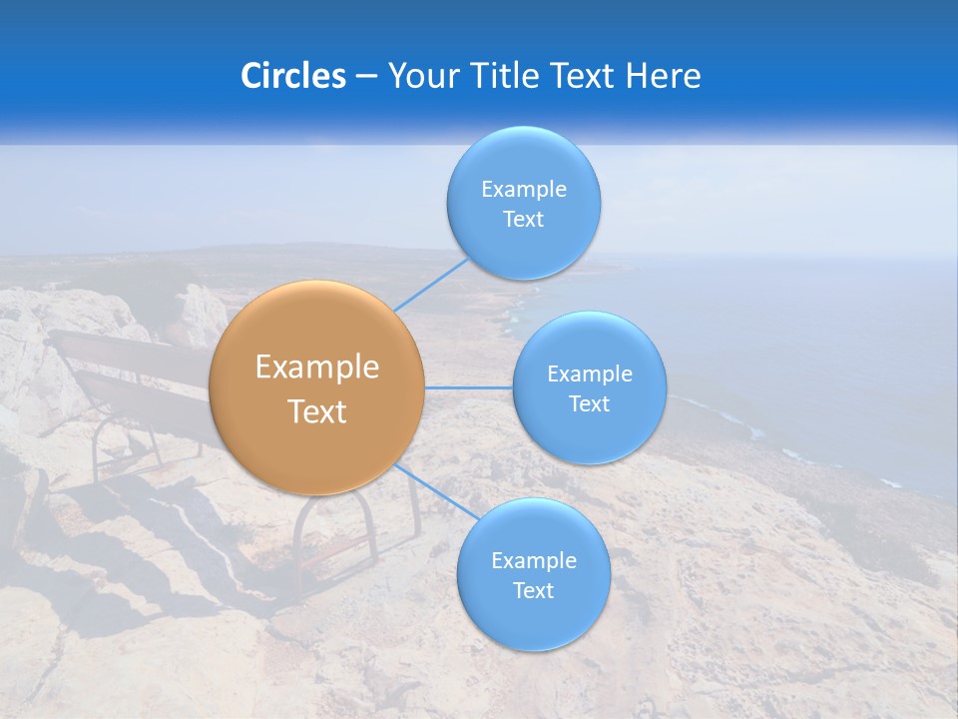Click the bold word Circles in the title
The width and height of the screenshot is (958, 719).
click(x=292, y=76)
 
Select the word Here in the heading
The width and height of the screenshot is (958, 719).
click(x=663, y=76)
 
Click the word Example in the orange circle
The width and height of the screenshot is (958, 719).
click(x=317, y=367)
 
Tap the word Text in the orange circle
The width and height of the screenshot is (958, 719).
click(x=317, y=411)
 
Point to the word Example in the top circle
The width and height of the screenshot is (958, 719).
click(x=524, y=190)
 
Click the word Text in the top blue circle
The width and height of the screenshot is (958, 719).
click(x=523, y=220)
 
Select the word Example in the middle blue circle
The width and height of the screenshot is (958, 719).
click(x=590, y=374)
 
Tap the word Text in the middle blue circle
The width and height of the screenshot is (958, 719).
click(x=589, y=404)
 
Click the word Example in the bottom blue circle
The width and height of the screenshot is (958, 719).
click(x=534, y=561)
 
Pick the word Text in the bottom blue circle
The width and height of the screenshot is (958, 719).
click(x=533, y=591)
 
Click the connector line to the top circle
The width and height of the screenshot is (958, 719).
click(x=431, y=285)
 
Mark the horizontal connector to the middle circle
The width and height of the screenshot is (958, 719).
click(x=468, y=387)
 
